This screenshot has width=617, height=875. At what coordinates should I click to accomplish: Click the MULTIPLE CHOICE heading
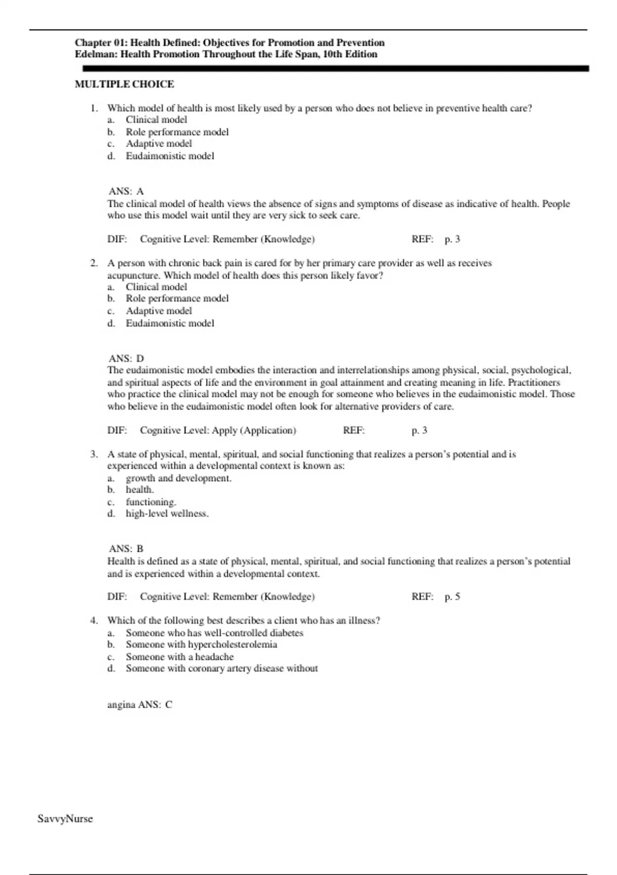(124, 84)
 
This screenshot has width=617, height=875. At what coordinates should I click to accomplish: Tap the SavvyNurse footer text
(65, 818)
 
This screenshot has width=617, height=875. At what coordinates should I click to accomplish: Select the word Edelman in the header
(96, 54)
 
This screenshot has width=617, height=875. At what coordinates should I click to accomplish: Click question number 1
(94, 108)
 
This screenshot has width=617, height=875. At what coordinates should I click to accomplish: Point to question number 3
(94, 454)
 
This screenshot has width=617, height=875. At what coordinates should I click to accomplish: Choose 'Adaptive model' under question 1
(159, 144)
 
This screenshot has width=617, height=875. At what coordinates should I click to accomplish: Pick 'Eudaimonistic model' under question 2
(170, 323)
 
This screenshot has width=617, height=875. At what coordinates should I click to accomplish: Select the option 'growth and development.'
(178, 478)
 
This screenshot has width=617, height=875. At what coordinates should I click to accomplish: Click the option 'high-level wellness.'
(167, 514)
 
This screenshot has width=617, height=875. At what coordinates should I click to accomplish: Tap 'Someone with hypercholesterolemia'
(201, 644)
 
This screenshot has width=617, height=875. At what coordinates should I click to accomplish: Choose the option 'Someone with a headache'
(179, 657)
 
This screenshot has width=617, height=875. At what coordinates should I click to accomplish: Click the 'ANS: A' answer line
(126, 191)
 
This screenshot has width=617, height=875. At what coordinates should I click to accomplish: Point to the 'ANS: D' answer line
(126, 358)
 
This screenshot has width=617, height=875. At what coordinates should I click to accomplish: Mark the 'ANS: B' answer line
(126, 549)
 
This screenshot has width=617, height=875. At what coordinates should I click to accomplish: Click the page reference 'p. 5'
(452, 597)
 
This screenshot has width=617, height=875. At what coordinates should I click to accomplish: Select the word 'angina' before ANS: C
(121, 705)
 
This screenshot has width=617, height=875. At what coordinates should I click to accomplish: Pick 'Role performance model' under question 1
(177, 132)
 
